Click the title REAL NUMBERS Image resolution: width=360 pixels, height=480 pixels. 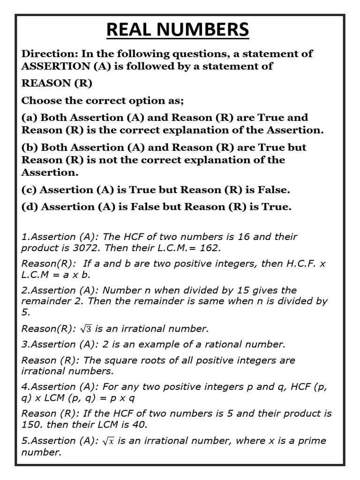pos(178,30)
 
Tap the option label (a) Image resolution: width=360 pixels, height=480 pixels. pos(30,117)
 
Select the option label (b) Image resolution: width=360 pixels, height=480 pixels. pos(30,147)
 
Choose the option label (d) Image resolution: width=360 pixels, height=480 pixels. pos(30,207)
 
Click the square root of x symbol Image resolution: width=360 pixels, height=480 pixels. pos(109,441)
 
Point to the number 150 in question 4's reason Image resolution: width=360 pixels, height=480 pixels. pos(30,425)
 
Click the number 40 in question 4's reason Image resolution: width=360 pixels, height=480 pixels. pos(137,425)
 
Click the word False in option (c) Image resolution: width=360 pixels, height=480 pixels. pos(273,190)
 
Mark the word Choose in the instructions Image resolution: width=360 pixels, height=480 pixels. pos(40,100)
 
